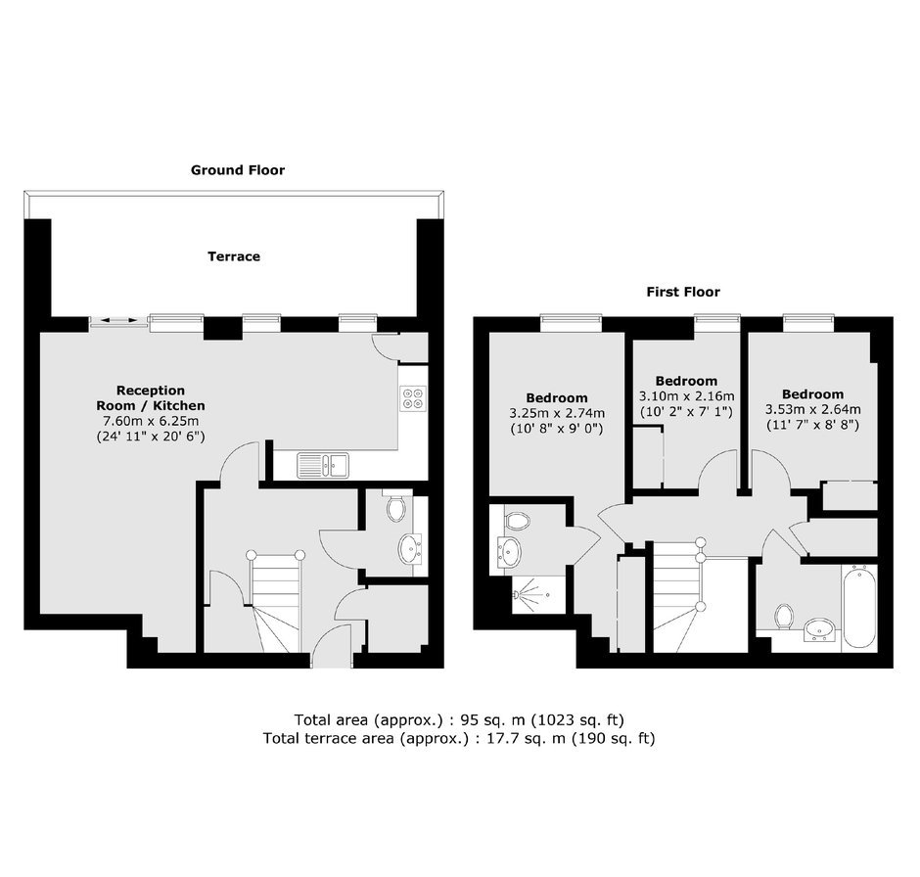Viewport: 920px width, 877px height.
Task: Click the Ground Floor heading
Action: [x=238, y=170]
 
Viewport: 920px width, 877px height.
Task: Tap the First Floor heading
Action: [x=683, y=292]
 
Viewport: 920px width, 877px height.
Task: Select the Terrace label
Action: [x=234, y=256]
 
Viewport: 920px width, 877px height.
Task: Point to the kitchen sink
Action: [x=323, y=465]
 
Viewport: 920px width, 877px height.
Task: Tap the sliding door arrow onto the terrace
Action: [x=118, y=320]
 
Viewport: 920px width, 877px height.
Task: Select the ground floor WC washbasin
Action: [x=410, y=548]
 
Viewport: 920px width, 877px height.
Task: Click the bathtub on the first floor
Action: [x=859, y=607]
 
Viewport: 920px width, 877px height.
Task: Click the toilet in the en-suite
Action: [x=517, y=520]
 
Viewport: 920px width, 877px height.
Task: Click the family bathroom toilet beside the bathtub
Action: [x=784, y=617]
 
